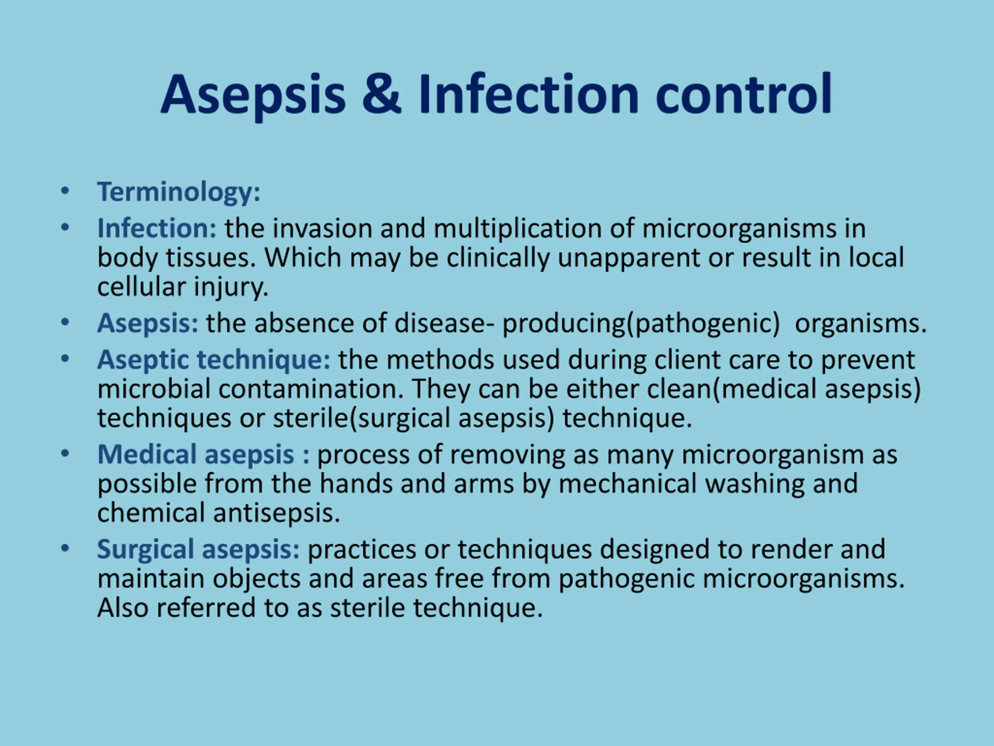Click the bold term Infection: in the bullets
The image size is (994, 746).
pos(157,228)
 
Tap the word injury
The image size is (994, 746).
pos(231,288)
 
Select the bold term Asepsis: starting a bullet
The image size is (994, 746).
pos(148,324)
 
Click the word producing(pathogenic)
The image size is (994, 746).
pos(641,324)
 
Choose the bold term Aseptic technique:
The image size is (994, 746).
pos(214,361)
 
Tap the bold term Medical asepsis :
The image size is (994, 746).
pos(203,455)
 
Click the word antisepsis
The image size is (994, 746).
pos(276,514)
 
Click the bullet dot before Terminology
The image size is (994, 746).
pos(65,191)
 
